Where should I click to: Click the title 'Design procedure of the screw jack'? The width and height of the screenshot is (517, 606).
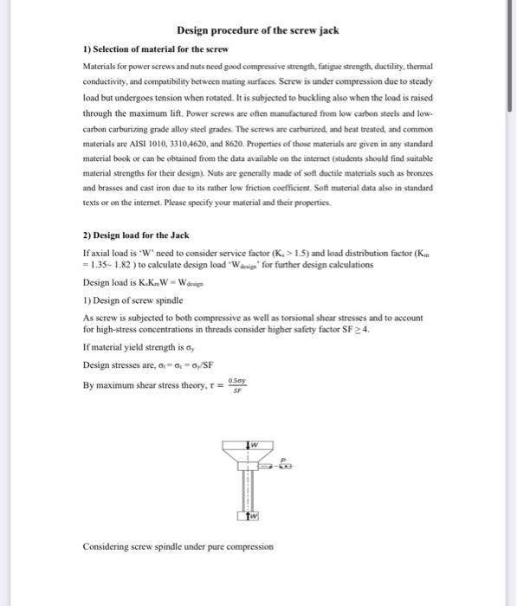pyautogui.click(x=257, y=31)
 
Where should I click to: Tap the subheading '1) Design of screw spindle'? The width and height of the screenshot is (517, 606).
pyautogui.click(x=132, y=300)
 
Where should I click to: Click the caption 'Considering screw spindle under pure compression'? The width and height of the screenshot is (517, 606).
pyautogui.click(x=178, y=546)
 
